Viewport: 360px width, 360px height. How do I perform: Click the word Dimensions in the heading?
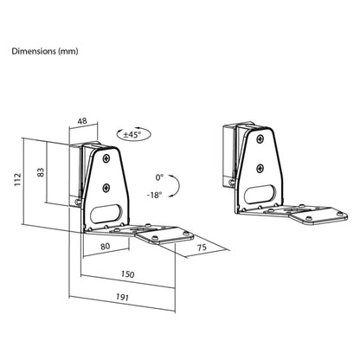point(34,51)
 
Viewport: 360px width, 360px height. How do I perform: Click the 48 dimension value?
point(82,121)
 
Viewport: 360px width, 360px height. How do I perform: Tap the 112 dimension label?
point(18,179)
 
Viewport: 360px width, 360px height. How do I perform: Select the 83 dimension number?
point(42,172)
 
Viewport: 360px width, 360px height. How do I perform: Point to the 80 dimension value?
point(105,247)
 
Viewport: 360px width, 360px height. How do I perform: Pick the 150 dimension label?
point(127,273)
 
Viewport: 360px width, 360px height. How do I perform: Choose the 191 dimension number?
point(122,297)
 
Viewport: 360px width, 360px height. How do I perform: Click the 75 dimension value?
point(202,247)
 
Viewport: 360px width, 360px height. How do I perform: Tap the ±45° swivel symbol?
point(133,134)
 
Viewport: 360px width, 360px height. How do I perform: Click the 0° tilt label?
point(159,177)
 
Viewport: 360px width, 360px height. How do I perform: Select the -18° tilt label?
point(154,196)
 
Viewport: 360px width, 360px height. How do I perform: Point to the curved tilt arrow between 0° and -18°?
point(179,186)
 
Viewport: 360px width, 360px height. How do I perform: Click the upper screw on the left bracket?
point(106,158)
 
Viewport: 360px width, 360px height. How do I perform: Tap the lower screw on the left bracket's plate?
point(106,188)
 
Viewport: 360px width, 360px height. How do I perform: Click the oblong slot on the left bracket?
point(106,214)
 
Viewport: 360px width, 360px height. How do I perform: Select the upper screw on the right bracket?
point(260,138)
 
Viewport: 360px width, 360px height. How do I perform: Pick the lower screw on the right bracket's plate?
point(260,168)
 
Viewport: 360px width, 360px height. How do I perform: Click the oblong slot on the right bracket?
point(260,195)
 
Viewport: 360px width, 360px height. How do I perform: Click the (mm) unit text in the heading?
point(68,52)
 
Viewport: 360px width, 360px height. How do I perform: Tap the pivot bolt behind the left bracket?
point(77,202)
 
